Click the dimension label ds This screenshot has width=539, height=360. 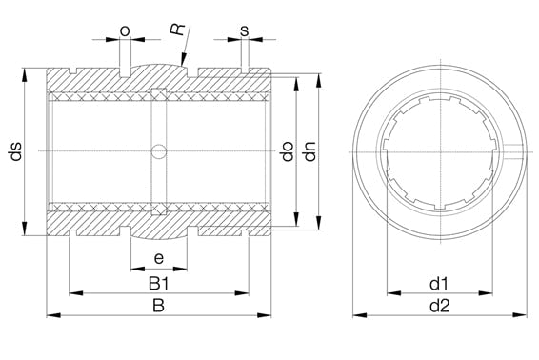16,150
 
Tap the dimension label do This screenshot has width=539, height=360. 288,151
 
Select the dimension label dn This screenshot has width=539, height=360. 310,151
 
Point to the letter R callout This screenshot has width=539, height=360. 177,29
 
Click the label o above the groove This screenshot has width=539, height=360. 125,31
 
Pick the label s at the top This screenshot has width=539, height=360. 244,31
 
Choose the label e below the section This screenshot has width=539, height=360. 158,258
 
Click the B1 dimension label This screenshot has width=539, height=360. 158,284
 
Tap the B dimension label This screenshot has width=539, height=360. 158,306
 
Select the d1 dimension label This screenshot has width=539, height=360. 439,284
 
